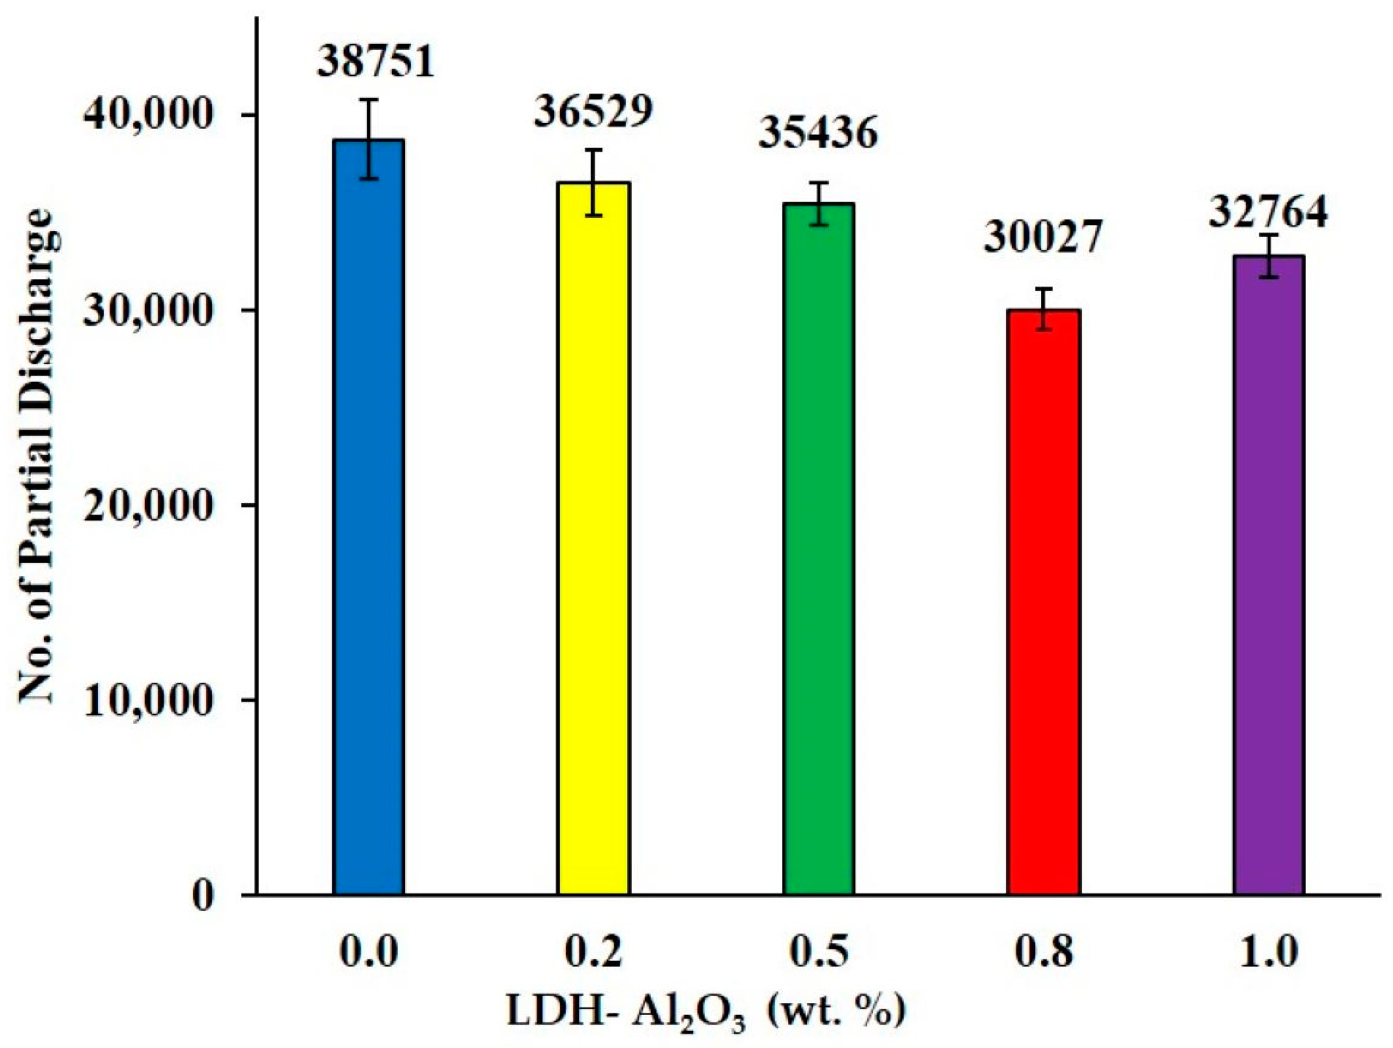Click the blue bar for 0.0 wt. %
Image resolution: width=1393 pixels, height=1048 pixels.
tap(369, 516)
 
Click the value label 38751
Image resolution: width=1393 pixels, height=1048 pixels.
tap(376, 63)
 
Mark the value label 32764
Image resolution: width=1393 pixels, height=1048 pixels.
tap(1268, 212)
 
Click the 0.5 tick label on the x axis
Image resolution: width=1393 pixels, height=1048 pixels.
tap(819, 952)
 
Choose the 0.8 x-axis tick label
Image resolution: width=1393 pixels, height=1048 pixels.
tap(1044, 952)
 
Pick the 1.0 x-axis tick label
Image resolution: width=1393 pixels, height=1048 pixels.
tap(1268, 952)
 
